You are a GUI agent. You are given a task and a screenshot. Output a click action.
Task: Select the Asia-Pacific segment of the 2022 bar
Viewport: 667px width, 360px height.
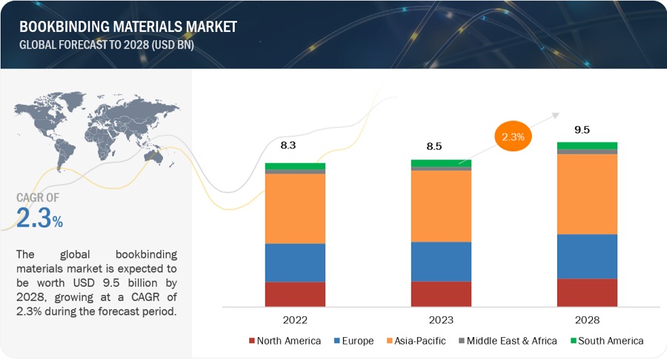tap(295, 208)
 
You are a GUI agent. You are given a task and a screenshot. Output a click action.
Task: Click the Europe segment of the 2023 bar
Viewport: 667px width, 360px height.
tap(441, 261)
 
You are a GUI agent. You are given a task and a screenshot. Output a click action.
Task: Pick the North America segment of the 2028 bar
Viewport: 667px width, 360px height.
tap(587, 293)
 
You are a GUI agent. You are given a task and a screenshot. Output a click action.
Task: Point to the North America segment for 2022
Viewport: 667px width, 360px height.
tap(295, 294)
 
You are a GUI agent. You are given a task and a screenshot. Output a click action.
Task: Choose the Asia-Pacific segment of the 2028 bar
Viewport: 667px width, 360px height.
tap(587, 194)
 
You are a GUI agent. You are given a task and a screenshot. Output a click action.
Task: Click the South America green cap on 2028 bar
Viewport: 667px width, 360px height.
tap(587, 145)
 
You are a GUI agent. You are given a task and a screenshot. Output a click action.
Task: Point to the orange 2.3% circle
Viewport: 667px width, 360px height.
tap(513, 136)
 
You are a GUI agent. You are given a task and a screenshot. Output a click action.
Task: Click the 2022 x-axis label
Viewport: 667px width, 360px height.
tap(295, 320)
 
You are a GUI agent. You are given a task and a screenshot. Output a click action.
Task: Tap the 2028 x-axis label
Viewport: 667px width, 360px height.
tap(587, 320)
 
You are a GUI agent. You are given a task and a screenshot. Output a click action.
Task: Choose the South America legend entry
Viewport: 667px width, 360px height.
tap(608, 341)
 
